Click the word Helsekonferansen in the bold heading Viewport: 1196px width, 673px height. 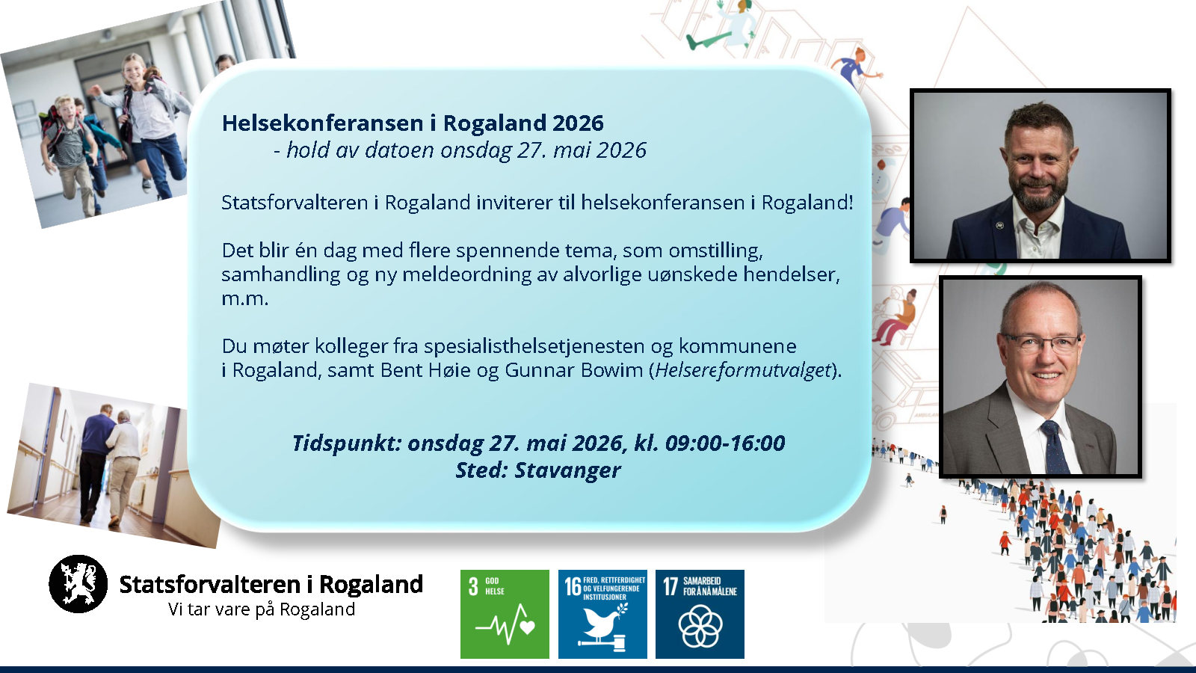(x=322, y=123)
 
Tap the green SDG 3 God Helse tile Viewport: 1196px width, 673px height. (x=505, y=614)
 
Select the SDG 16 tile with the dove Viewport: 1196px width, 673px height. (x=602, y=614)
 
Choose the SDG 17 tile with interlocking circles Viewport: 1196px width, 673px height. (x=700, y=614)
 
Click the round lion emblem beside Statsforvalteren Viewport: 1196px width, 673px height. (x=78, y=584)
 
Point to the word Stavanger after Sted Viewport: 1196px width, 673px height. (x=567, y=470)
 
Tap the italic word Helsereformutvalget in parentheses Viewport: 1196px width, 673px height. (x=744, y=369)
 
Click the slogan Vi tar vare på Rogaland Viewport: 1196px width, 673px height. (x=262, y=609)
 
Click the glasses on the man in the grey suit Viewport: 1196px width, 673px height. (x=1042, y=343)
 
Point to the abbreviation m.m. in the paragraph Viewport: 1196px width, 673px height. (x=244, y=299)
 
